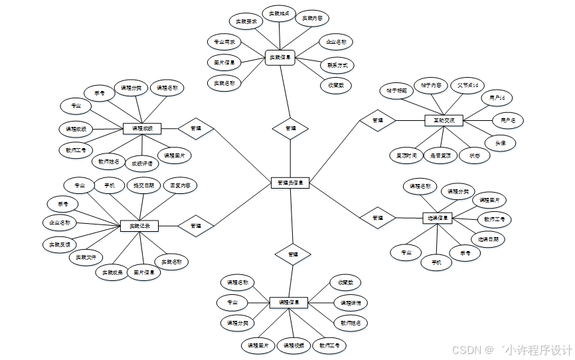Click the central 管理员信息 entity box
tap(291, 183)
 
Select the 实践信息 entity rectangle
tap(280, 58)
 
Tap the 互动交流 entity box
tap(444, 121)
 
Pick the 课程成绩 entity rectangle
tap(142, 128)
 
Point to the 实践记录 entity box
tap(139, 226)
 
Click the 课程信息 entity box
tap(289, 302)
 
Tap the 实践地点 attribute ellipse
tap(278, 13)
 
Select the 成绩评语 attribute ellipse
tap(141, 163)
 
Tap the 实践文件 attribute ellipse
tap(86, 257)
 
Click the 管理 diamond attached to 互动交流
tap(378, 120)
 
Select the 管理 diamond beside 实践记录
tap(196, 226)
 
